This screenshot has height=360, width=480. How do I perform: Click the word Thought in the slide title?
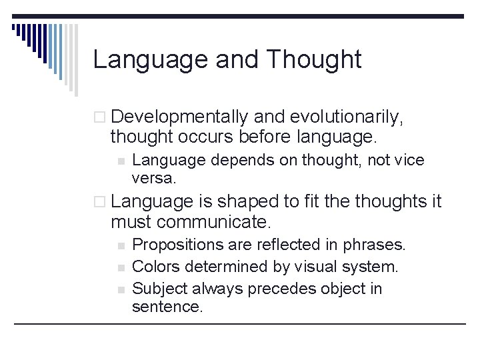point(313,60)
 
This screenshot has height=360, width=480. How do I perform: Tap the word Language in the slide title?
point(151,60)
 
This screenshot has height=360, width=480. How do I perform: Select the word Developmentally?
point(179,117)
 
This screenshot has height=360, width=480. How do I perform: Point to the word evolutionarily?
point(346,117)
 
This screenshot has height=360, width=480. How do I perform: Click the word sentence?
point(166,307)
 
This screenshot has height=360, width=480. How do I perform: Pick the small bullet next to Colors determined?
point(120,267)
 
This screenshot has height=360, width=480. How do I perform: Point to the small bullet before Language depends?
point(120,161)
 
